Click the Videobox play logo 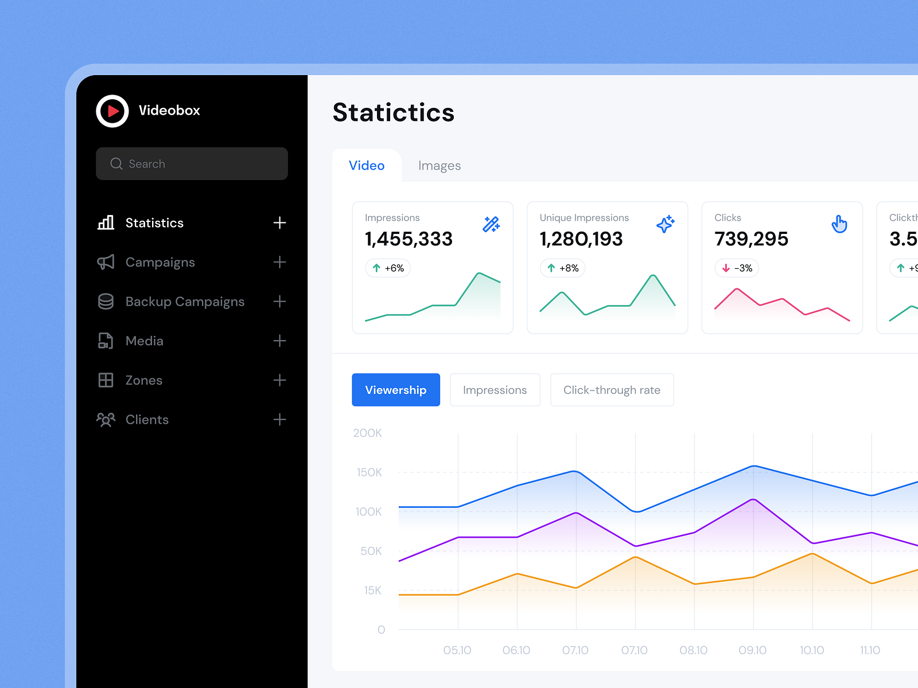point(112,111)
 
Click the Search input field point(192,164)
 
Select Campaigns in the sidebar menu point(160,263)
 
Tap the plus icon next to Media point(279,341)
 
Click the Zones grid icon point(106,380)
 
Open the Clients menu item point(147,420)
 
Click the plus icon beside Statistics point(279,223)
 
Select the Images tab point(439,166)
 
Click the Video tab point(367,166)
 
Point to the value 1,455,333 point(409,239)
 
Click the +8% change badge point(562,268)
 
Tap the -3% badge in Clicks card point(737,268)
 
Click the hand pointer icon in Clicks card point(839,224)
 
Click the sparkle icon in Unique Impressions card point(665,224)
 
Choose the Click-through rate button point(612,390)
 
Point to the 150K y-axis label point(369,472)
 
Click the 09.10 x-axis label point(752,650)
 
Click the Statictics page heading point(394,112)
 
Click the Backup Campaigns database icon point(106,302)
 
